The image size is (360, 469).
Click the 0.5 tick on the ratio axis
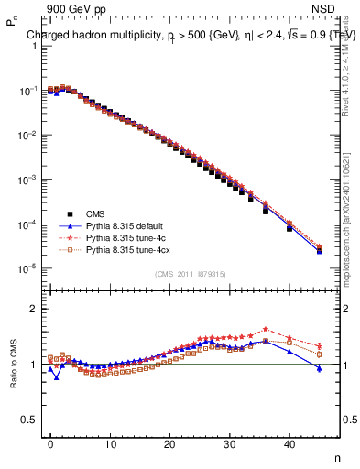pyautogui.click(x=29, y=420)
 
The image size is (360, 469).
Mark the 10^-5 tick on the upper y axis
pyautogui.click(x=27, y=268)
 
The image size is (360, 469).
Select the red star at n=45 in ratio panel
pyautogui.click(x=319, y=345)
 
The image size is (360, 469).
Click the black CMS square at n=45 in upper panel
pyautogui.click(x=319, y=251)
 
